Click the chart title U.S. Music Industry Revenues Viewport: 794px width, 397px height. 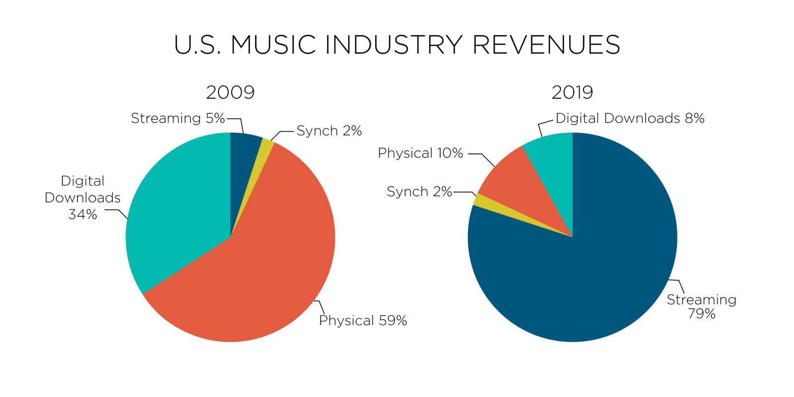(397, 45)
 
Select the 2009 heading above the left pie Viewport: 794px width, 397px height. (230, 92)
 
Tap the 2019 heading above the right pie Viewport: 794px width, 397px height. (572, 92)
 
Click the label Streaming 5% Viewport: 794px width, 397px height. (178, 118)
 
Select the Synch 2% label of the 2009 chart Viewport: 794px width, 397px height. (329, 131)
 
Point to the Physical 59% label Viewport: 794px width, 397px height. (363, 321)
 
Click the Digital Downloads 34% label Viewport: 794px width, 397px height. (82, 198)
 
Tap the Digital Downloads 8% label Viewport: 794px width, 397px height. (630, 118)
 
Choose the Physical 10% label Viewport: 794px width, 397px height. (420, 153)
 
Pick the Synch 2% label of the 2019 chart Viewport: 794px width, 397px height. (419, 192)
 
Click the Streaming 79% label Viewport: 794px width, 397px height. (701, 306)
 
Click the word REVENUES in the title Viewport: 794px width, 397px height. (546, 45)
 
